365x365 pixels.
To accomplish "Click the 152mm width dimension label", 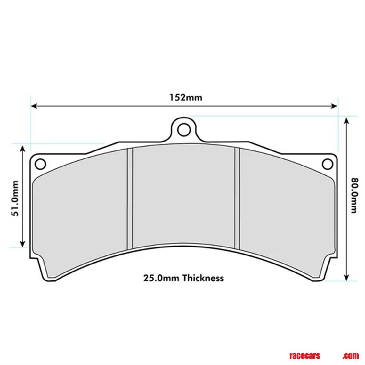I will [186, 97].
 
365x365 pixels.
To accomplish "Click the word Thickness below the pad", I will [203, 278].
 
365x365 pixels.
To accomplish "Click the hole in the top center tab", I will [183, 130].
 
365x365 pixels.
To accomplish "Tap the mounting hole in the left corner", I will [40, 164].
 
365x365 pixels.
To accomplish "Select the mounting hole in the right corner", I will [327, 164].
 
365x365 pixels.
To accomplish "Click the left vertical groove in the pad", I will [130, 199].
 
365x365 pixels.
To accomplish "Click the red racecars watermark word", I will [304, 356].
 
